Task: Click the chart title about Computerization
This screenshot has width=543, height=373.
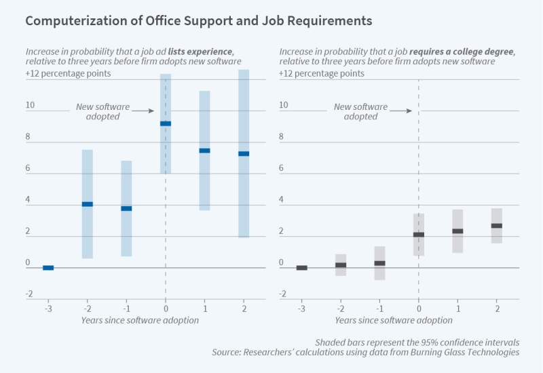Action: (x=198, y=21)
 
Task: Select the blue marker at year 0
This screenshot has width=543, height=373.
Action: (x=166, y=123)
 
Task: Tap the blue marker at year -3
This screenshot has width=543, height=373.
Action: (x=48, y=268)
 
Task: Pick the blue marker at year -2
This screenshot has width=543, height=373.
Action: (x=87, y=204)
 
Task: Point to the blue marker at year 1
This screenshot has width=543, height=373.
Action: (x=204, y=151)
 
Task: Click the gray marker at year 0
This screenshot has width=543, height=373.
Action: (x=419, y=235)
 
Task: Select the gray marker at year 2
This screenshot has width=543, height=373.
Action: (x=497, y=226)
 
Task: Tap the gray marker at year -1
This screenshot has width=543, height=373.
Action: (x=379, y=263)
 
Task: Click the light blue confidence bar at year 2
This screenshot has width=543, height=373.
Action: (x=244, y=203)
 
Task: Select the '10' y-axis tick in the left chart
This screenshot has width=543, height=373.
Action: (x=31, y=105)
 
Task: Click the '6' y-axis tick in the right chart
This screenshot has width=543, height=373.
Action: (x=282, y=169)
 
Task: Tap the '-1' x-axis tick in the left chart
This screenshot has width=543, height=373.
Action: (x=126, y=308)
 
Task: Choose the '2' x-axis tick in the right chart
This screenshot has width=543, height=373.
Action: (x=497, y=308)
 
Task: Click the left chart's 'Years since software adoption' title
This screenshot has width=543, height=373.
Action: (x=140, y=320)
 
